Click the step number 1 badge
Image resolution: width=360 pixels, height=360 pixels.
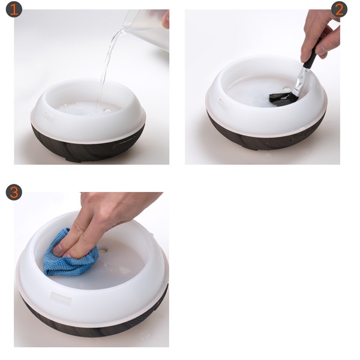tap(14, 10)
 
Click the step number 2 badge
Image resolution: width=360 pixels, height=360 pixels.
tap(340, 10)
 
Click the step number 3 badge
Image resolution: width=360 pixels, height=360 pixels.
tap(14, 192)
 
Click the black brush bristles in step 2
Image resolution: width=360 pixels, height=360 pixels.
tap(284, 99)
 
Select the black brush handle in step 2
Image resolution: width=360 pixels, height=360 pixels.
tap(311, 55)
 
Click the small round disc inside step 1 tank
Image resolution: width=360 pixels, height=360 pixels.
tap(107, 110)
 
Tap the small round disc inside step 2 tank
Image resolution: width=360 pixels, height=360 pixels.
tap(286, 89)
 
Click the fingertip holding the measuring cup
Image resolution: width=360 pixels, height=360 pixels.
tap(166, 20)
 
